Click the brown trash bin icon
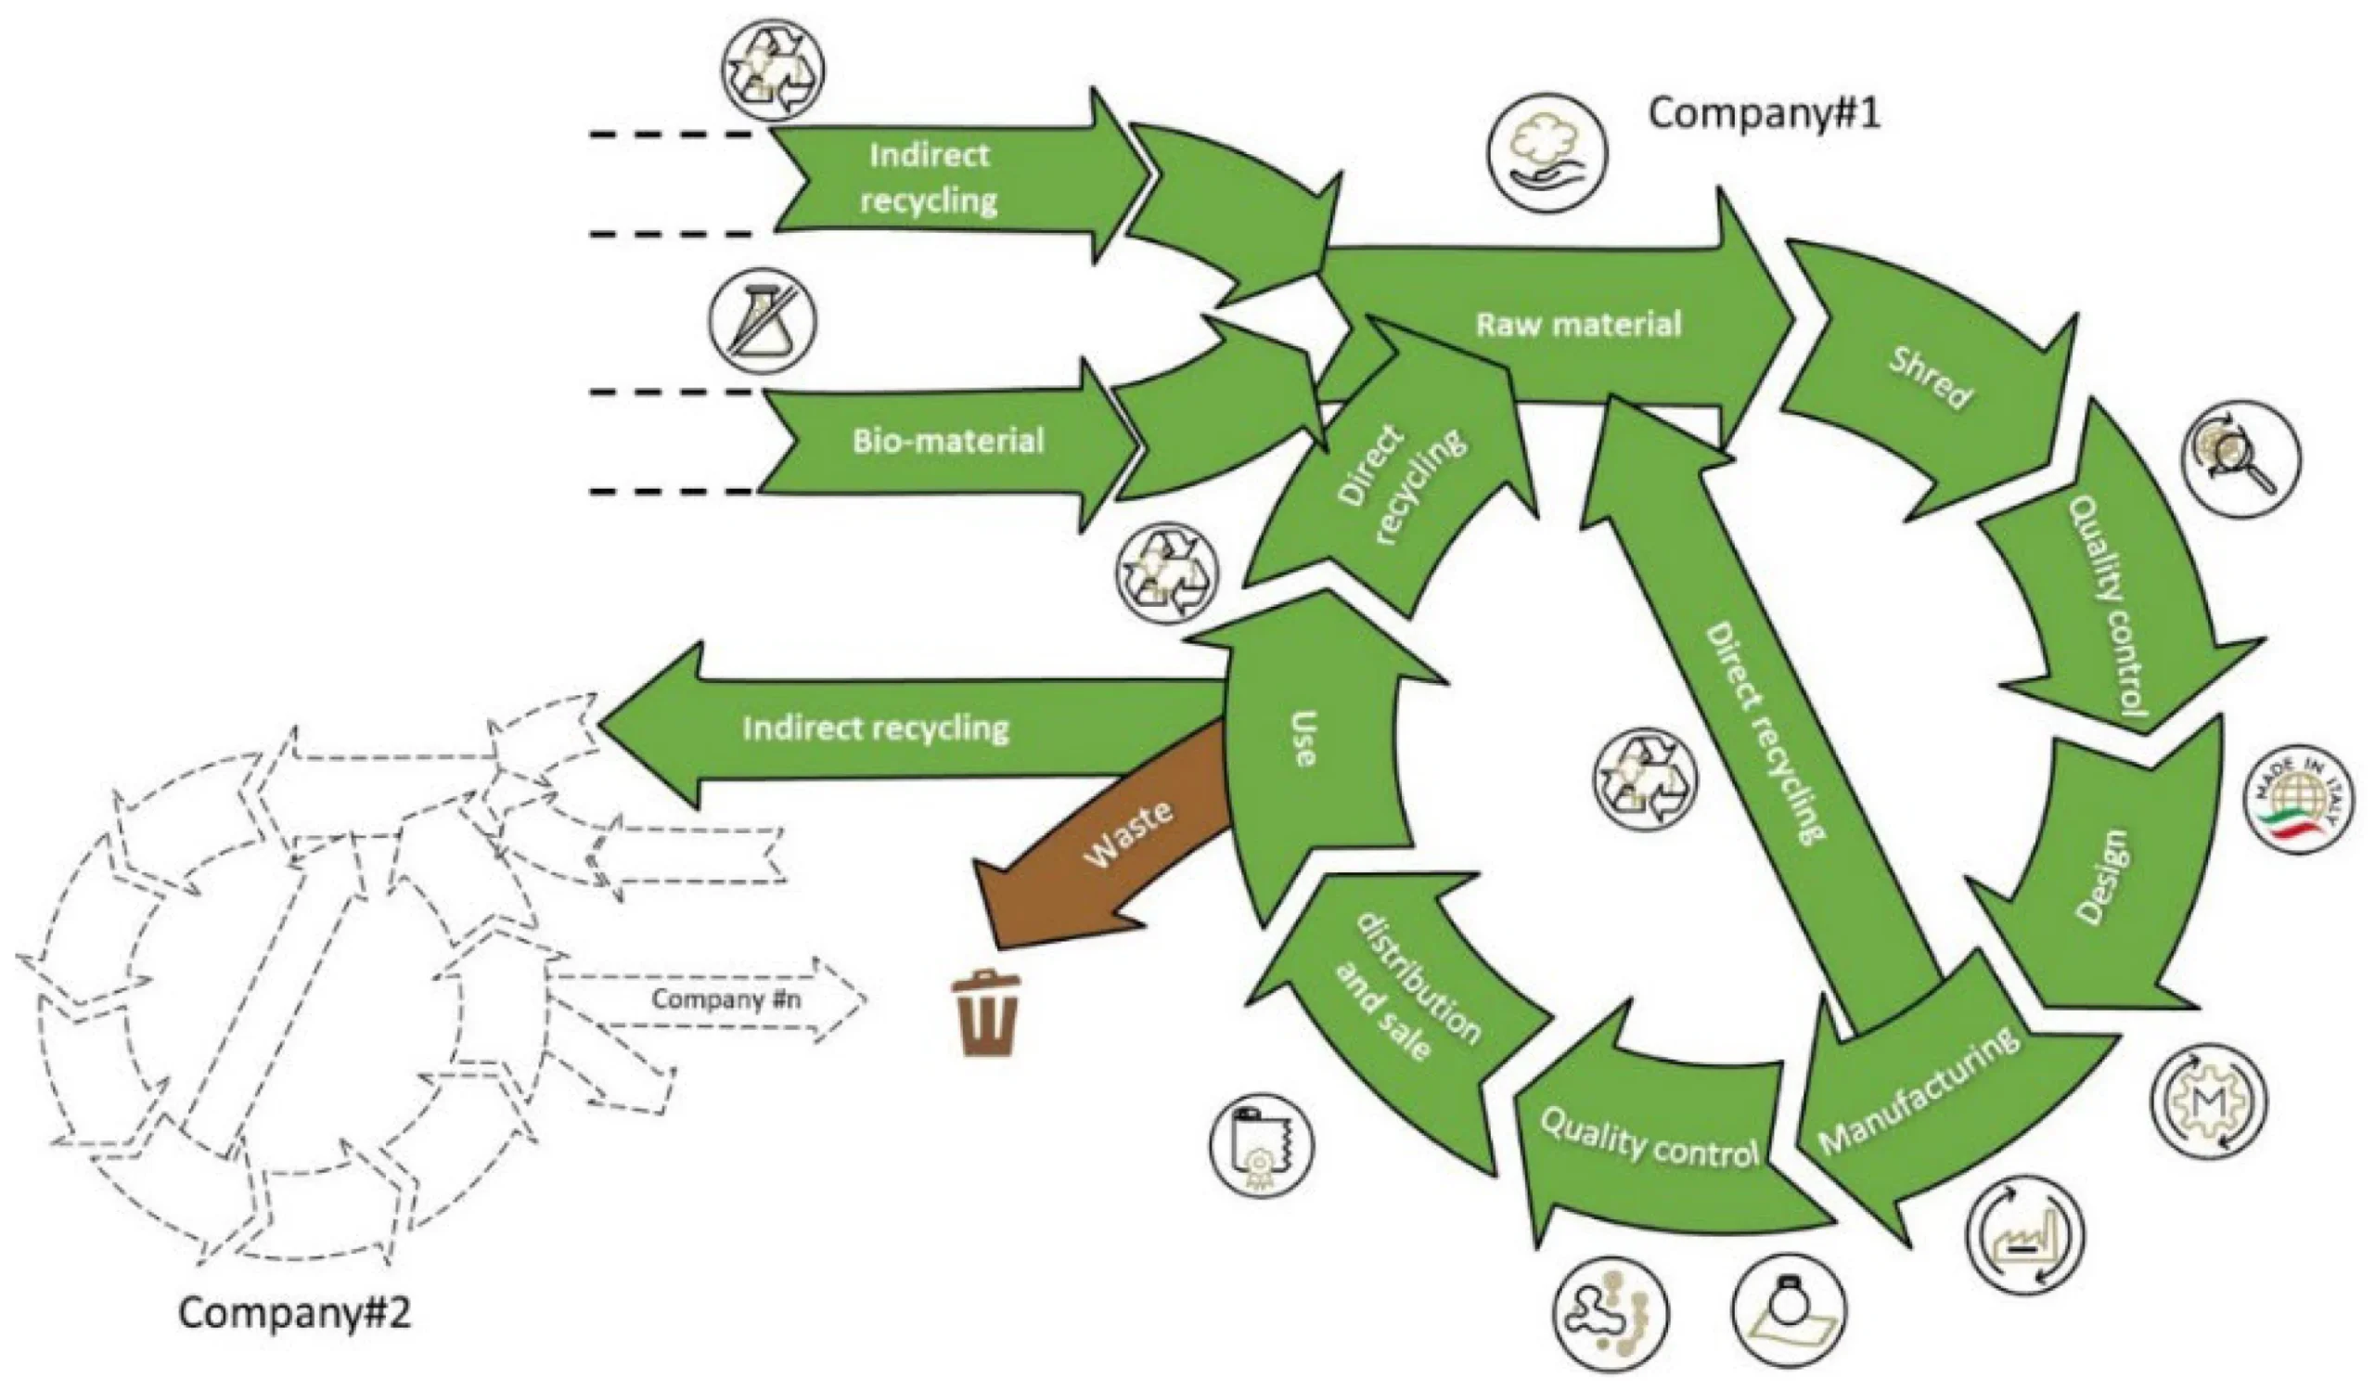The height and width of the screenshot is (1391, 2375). click(987, 1014)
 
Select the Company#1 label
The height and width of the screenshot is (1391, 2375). click(1764, 114)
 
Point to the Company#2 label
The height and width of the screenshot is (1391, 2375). click(295, 1313)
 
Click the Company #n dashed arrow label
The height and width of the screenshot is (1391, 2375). click(725, 1000)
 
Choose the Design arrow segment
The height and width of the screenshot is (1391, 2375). click(2101, 876)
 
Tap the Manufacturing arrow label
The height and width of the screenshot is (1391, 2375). click(1918, 1093)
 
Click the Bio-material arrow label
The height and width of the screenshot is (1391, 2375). click(948, 441)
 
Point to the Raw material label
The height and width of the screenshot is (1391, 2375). click(1578, 325)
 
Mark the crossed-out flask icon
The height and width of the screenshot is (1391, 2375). click(764, 321)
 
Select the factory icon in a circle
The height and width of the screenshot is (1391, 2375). click(2024, 1235)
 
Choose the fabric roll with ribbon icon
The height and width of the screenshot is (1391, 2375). click(1261, 1145)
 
